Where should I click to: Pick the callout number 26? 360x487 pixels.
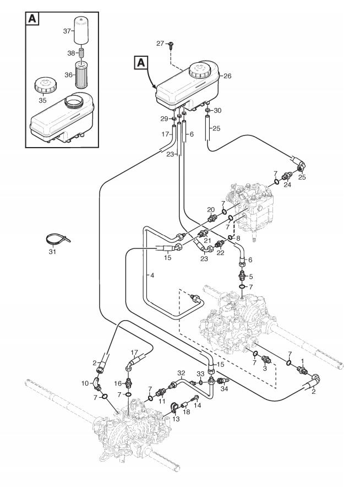click(x=227, y=76)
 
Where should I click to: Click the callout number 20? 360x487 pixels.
click(x=210, y=209)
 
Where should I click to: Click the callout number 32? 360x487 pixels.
click(x=181, y=373)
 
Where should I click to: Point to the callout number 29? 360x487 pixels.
click(x=163, y=118)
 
